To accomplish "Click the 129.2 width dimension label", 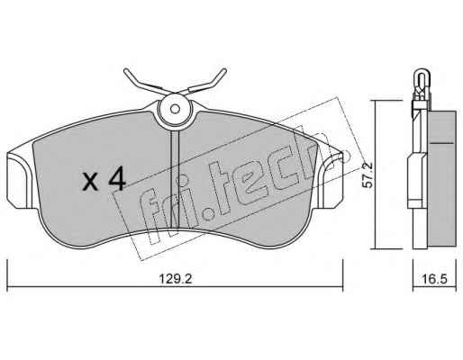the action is pyautogui.click(x=176, y=279).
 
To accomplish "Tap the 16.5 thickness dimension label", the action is pyautogui.click(x=435, y=279).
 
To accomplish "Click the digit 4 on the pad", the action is pyautogui.click(x=117, y=178).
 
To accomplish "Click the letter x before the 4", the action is pyautogui.click(x=90, y=182).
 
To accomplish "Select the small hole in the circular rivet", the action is pyautogui.click(x=175, y=109).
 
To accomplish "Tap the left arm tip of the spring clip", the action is pyautogui.click(x=126, y=71).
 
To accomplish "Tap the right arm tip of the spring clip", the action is pyautogui.click(x=224, y=71).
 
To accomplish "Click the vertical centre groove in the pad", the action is pyautogui.click(x=175, y=181).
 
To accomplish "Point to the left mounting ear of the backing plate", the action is pyautogui.click(x=19, y=180).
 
